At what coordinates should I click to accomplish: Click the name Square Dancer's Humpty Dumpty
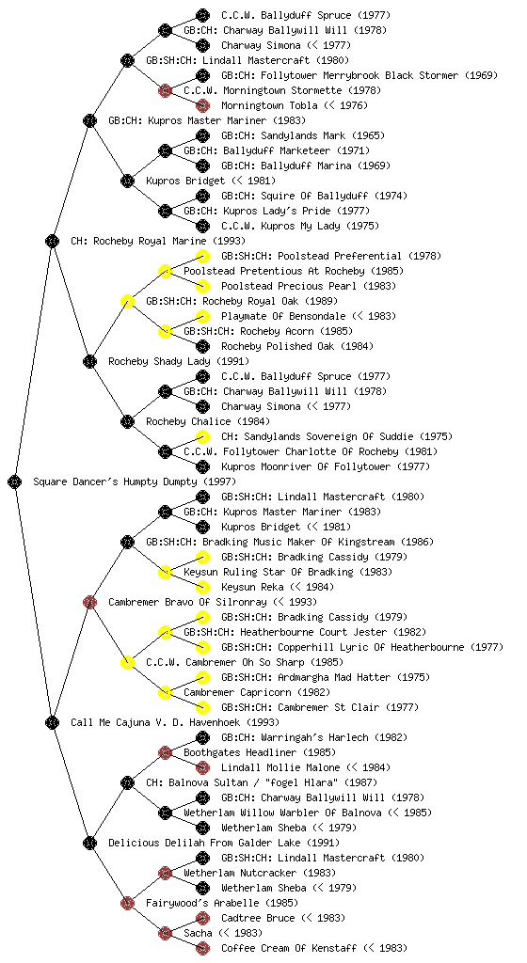(x=116, y=482)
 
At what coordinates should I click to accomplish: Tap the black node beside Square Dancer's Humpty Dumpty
(x=15, y=482)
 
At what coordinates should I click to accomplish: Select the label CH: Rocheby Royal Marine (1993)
(x=158, y=242)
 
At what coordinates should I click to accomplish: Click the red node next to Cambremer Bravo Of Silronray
(x=89, y=603)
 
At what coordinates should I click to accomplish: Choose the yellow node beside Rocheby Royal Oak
(x=127, y=302)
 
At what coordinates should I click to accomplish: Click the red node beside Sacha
(x=165, y=934)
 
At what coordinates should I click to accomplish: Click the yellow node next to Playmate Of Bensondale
(x=202, y=316)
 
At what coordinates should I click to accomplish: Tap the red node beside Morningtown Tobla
(x=202, y=105)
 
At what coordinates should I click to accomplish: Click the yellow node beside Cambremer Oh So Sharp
(x=127, y=663)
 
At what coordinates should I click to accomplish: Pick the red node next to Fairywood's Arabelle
(x=127, y=904)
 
